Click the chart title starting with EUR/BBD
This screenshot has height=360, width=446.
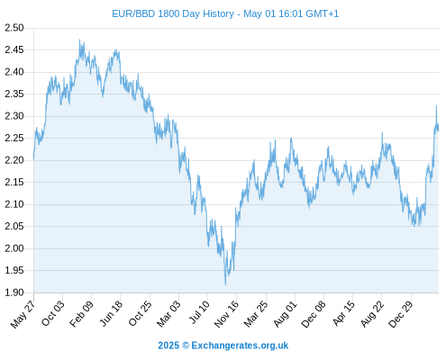point(225,13)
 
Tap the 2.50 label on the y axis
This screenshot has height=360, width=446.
point(14,28)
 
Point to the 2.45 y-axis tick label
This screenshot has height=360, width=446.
point(14,49)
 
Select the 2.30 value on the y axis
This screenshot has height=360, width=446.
point(14,116)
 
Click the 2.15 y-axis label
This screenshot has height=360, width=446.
point(14,182)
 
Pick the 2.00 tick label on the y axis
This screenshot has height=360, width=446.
point(14,248)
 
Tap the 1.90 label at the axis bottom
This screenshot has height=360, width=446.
point(14,292)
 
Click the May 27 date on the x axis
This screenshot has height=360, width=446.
point(23,314)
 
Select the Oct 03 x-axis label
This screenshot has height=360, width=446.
point(53,313)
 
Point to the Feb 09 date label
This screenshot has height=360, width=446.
point(81,314)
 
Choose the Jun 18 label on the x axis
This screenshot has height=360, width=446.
point(111,313)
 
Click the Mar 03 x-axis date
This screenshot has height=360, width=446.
point(168,313)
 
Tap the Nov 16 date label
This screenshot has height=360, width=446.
point(226,314)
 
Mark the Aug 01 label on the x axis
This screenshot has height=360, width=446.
point(286,314)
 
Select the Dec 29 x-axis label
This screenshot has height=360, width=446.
point(401,314)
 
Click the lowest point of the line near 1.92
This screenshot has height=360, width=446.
point(225,284)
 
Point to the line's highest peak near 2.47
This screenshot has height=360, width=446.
point(79,40)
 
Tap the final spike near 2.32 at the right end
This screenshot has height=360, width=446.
point(436,105)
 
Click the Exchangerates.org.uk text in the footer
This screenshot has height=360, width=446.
point(240,346)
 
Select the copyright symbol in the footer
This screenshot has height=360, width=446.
point(186,346)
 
